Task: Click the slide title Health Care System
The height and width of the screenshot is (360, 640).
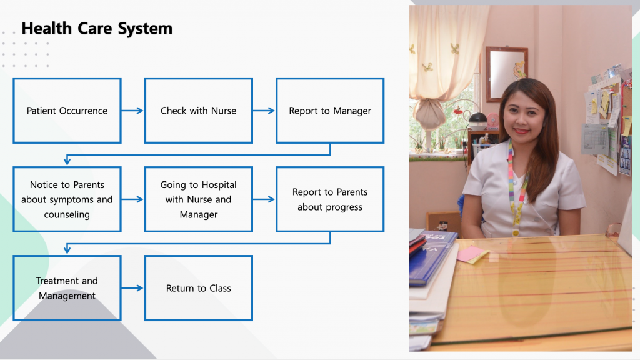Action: click(x=97, y=29)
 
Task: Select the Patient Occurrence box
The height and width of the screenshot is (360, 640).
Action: click(x=67, y=111)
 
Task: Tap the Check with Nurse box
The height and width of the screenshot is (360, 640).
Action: click(x=199, y=111)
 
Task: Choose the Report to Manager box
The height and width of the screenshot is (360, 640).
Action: click(x=330, y=111)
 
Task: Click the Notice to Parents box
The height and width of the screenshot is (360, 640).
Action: click(x=67, y=199)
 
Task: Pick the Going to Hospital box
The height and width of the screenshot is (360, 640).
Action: click(x=199, y=199)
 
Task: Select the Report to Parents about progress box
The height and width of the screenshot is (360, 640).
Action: click(x=330, y=199)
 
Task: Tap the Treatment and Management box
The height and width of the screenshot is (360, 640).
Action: click(x=67, y=288)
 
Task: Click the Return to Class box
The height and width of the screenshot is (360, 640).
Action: click(x=199, y=288)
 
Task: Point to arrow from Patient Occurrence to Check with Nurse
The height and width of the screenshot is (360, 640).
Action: click(x=132, y=111)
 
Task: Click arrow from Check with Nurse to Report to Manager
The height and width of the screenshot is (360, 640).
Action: click(x=264, y=111)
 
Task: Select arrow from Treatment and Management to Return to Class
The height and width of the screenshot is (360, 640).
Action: click(x=132, y=288)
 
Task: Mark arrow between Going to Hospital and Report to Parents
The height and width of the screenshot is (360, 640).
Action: click(x=264, y=199)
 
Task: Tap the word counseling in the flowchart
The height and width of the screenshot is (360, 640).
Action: click(x=67, y=214)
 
